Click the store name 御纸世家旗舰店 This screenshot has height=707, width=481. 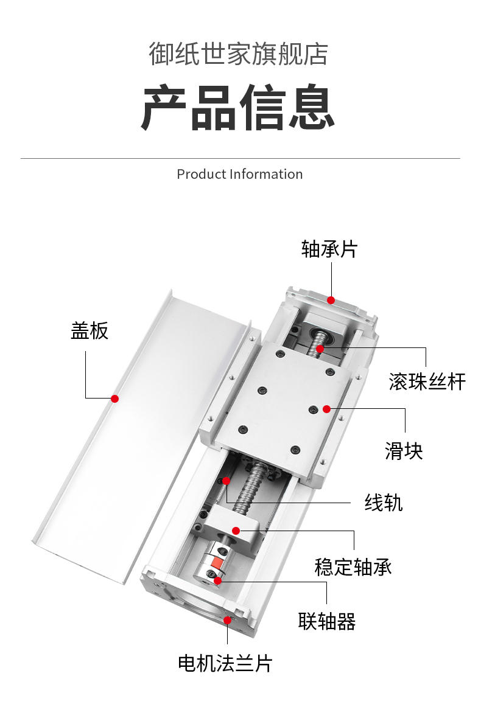(239, 54)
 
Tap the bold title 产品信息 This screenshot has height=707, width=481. (239, 108)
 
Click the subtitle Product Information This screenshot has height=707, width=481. (239, 174)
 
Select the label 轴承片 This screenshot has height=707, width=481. (329, 249)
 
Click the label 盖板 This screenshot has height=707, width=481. (90, 330)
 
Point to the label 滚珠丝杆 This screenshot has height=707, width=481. (427, 381)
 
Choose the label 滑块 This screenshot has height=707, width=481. (404, 451)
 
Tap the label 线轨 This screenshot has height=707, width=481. (384, 503)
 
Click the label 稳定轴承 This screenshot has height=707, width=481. (353, 566)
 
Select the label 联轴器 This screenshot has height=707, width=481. (327, 621)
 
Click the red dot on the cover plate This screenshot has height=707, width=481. (114, 399)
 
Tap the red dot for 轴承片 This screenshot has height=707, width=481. (331, 300)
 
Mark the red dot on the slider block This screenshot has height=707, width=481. (327, 408)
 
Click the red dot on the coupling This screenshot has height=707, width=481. (217, 579)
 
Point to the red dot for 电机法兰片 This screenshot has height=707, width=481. (228, 620)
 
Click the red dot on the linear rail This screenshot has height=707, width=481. (226, 481)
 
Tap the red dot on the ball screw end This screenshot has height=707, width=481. (320, 349)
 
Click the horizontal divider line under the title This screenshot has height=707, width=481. (240, 159)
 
